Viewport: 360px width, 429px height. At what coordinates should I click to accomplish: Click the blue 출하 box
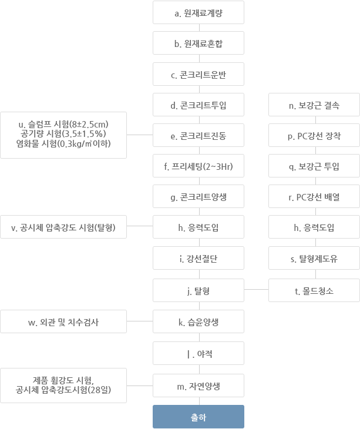pyautogui.click(x=198, y=417)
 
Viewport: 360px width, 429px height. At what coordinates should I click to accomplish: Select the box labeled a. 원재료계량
pyautogui.click(x=198, y=12)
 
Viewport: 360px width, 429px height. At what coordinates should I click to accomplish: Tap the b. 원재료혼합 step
pyautogui.click(x=198, y=43)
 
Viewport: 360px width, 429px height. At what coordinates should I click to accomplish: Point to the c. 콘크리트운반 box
pyautogui.click(x=198, y=74)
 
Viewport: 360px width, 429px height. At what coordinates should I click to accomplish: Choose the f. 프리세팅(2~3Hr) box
pyautogui.click(x=198, y=166)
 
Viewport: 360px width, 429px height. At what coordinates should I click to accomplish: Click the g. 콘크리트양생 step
pyautogui.click(x=198, y=196)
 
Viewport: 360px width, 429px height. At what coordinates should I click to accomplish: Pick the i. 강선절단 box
pyautogui.click(x=198, y=258)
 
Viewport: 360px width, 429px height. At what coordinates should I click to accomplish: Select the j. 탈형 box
pyautogui.click(x=198, y=290)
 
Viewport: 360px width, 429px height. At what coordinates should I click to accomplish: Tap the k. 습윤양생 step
pyautogui.click(x=198, y=321)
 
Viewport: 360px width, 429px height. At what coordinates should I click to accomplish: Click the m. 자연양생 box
pyautogui.click(x=198, y=386)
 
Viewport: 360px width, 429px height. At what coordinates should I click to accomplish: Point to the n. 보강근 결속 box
pyautogui.click(x=314, y=105)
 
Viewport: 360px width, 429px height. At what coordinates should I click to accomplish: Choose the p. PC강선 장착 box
pyautogui.click(x=314, y=135)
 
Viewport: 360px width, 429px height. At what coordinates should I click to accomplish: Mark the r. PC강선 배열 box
pyautogui.click(x=314, y=196)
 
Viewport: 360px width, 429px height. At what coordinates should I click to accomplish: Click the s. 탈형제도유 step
pyautogui.click(x=314, y=258)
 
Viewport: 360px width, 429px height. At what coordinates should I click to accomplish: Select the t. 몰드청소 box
pyautogui.click(x=314, y=290)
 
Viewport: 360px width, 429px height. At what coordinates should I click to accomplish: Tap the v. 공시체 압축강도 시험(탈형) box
pyautogui.click(x=63, y=227)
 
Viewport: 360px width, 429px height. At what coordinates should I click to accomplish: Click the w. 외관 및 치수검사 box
pyautogui.click(x=63, y=321)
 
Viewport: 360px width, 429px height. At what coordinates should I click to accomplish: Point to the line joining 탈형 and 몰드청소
pyautogui.click(x=257, y=289)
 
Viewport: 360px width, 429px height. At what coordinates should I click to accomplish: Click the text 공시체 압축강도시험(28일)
pyautogui.click(x=63, y=390)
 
